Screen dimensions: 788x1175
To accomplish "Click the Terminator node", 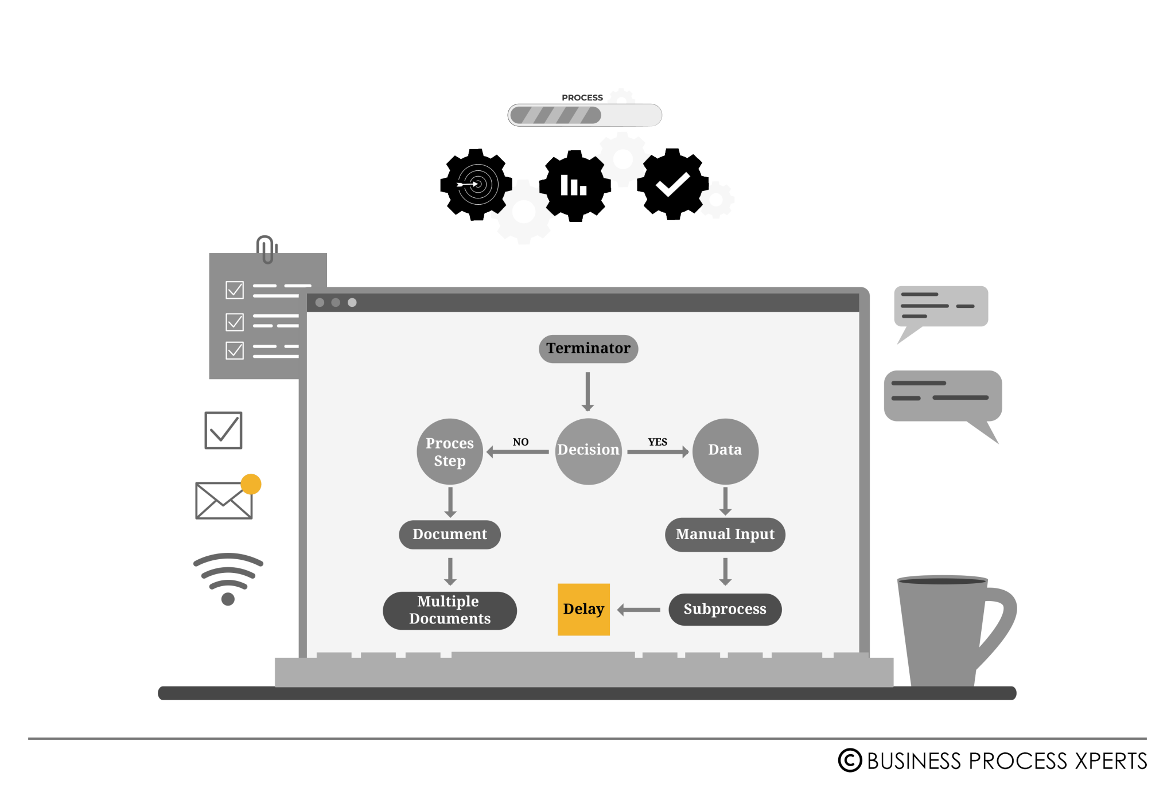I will coord(588,349).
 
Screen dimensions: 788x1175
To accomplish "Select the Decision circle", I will coord(588,451).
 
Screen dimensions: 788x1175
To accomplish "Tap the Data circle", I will coord(725,451).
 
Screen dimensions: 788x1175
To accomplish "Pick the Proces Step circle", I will coord(450,451).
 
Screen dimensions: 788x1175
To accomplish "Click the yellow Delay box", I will coord(583,609).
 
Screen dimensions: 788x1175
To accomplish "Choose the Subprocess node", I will coord(725,609).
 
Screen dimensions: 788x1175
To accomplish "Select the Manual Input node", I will coord(725,535).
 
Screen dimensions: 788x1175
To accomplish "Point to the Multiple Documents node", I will coord(450,610).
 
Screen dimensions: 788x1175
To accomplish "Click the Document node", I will coord(450,535).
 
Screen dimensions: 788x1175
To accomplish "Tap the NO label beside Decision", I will coord(520,442).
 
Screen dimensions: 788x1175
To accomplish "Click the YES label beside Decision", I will coord(657,442).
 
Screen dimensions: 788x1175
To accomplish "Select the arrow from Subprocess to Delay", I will coord(639,610).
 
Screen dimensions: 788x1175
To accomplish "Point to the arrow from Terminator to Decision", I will coord(587,392).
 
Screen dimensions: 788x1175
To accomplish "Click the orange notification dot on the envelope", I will coord(251,484).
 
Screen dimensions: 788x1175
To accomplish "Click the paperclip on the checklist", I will coord(266,249).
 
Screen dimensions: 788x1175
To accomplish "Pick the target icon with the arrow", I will coord(478,184).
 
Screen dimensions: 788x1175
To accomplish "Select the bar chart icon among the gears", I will coord(573,185).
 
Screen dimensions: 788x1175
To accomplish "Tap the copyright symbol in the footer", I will coord(850,760).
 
